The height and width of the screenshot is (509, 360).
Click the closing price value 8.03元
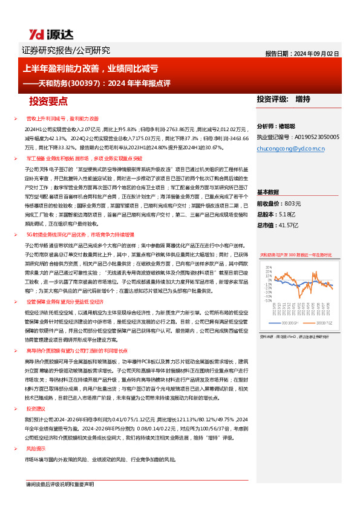coord(292,204)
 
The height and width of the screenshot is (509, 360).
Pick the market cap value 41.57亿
coord(293,225)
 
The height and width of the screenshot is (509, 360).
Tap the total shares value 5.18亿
coord(288,215)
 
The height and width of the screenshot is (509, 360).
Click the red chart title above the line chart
coord(295,254)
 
